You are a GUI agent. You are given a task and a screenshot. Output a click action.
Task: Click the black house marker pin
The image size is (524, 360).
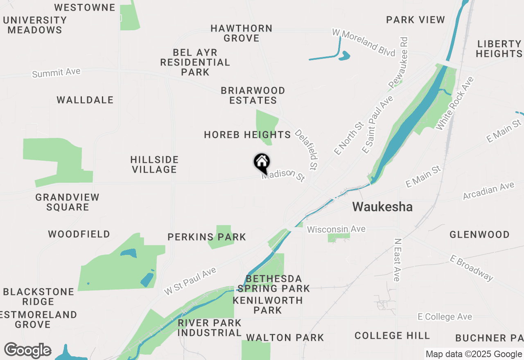(x=262, y=163)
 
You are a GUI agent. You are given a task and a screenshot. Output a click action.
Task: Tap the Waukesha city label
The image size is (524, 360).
(x=382, y=207)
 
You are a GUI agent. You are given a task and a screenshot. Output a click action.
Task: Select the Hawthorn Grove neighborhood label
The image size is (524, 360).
(x=242, y=34)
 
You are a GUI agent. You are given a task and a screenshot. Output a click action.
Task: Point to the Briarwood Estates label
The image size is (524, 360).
(x=253, y=95)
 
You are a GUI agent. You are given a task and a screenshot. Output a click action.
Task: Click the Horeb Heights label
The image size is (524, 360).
(x=247, y=135)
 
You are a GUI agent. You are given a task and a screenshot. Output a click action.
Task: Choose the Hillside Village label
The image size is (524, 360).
(x=154, y=164)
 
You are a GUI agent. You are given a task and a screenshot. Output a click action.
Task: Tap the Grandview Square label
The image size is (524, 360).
(x=68, y=202)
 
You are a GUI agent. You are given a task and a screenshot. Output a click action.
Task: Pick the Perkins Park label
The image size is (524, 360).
(x=207, y=237)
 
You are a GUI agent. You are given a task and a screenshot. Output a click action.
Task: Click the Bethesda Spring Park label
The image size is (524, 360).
(x=274, y=283)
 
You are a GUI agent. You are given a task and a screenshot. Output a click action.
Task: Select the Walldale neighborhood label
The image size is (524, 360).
(x=85, y=100)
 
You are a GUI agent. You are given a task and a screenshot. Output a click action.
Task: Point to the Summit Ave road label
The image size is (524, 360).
(x=56, y=73)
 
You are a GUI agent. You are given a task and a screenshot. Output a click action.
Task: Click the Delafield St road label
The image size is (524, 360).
(x=307, y=150)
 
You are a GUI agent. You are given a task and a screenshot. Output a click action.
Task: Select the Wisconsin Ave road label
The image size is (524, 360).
(x=336, y=229)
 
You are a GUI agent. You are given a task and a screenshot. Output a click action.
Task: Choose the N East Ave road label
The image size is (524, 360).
(x=397, y=260)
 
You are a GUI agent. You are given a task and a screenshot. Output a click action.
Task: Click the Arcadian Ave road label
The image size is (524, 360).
(x=488, y=191)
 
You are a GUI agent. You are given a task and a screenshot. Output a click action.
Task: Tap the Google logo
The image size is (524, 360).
(x=28, y=351)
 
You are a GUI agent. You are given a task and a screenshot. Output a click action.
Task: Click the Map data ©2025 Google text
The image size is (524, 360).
(x=473, y=354)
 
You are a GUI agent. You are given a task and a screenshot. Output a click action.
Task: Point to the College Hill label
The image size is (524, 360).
(x=392, y=336)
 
